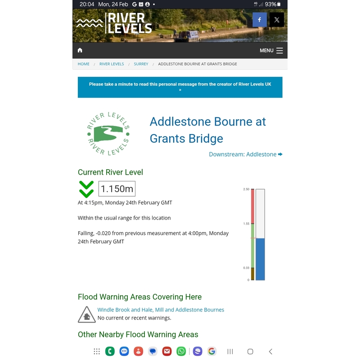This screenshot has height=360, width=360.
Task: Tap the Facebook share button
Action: point(260,20)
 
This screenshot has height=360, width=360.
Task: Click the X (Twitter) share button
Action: point(277,20)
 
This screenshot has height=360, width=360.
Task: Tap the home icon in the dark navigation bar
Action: point(80,50)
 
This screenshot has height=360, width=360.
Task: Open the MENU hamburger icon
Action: point(279,50)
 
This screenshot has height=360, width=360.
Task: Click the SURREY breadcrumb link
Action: point(141,64)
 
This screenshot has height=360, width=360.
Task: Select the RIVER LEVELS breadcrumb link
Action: point(112,64)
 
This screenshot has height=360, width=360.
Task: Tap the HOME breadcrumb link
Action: point(84,64)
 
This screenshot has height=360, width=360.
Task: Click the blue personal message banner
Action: point(180,87)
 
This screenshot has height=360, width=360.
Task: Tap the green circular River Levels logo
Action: point(108,134)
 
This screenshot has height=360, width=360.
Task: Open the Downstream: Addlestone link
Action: point(245,154)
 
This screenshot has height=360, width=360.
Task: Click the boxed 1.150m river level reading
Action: point(117,189)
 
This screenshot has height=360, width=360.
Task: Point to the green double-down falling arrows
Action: point(86,189)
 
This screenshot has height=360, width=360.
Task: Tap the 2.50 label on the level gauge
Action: point(246,189)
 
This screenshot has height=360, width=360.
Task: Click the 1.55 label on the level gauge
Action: point(246,224)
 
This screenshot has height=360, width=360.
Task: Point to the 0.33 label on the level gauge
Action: point(246,268)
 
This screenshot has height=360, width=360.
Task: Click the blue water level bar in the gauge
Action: point(260,259)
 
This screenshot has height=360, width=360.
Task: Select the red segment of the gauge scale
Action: point(252,206)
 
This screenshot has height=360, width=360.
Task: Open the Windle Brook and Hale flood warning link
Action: point(161,310)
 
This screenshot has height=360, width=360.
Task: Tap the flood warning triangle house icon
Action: point(86,315)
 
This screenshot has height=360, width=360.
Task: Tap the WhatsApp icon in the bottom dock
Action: point(181,351)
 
